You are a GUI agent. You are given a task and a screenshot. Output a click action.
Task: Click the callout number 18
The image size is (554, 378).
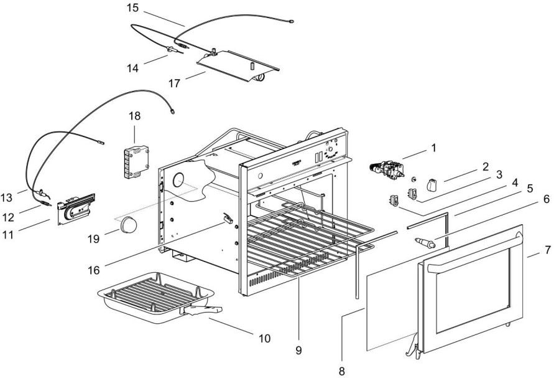[135, 116]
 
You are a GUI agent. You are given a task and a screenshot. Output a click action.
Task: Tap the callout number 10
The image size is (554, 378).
[265, 339]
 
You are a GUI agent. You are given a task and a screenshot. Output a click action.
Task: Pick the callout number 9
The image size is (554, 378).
[298, 351]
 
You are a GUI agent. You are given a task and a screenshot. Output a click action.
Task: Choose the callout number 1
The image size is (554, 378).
[434, 148]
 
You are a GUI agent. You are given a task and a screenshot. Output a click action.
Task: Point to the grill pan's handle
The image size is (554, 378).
[200, 308]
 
